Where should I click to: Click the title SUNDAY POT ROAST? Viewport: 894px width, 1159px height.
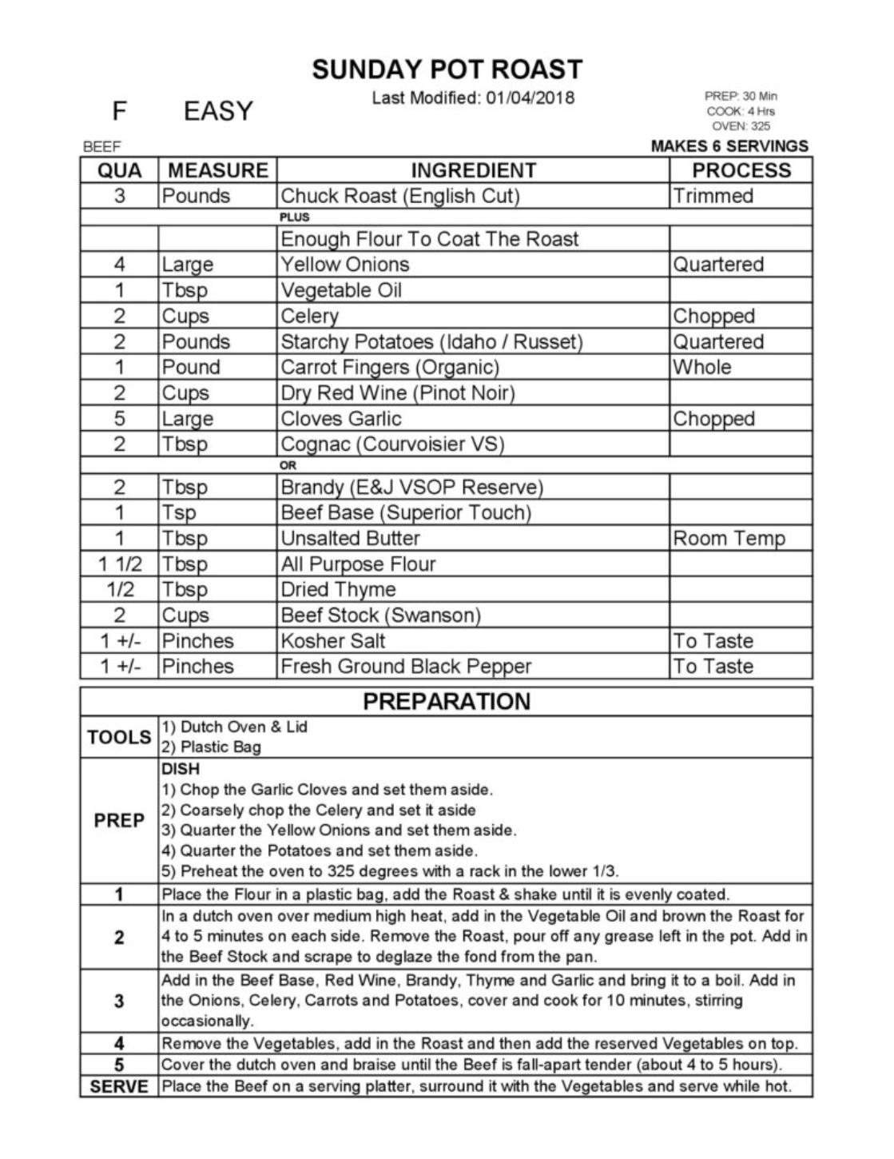pos(447,70)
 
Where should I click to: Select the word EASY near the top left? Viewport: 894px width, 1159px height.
pos(218,111)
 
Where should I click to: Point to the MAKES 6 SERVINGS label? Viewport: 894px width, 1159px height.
pos(729,146)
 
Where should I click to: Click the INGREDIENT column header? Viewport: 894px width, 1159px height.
pos(473,170)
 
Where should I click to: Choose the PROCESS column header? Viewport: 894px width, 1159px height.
pos(741,170)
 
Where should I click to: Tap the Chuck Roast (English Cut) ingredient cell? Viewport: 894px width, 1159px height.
pos(399,196)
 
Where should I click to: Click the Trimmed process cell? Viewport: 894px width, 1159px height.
pos(713,196)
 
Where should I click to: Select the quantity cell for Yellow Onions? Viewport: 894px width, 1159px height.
pos(119,265)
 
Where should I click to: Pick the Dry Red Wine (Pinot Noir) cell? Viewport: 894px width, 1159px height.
pos(398,392)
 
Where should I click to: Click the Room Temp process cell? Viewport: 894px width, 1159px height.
pos(729,538)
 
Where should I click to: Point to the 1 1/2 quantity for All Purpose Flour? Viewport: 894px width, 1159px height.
pos(119,564)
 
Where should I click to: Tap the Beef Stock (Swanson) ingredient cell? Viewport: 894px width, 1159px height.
pos(380,615)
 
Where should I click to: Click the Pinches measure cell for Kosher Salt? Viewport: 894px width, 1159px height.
pos(197,640)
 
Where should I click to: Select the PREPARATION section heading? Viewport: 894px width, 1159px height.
pos(447,701)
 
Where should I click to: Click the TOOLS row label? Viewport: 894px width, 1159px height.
pos(119,737)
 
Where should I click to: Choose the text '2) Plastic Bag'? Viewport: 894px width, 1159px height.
pos(211,747)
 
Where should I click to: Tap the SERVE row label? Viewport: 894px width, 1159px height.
pos(119,1086)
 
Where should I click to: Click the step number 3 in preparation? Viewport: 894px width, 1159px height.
pos(119,1001)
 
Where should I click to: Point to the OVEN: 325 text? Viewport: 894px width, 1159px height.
pos(741,126)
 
